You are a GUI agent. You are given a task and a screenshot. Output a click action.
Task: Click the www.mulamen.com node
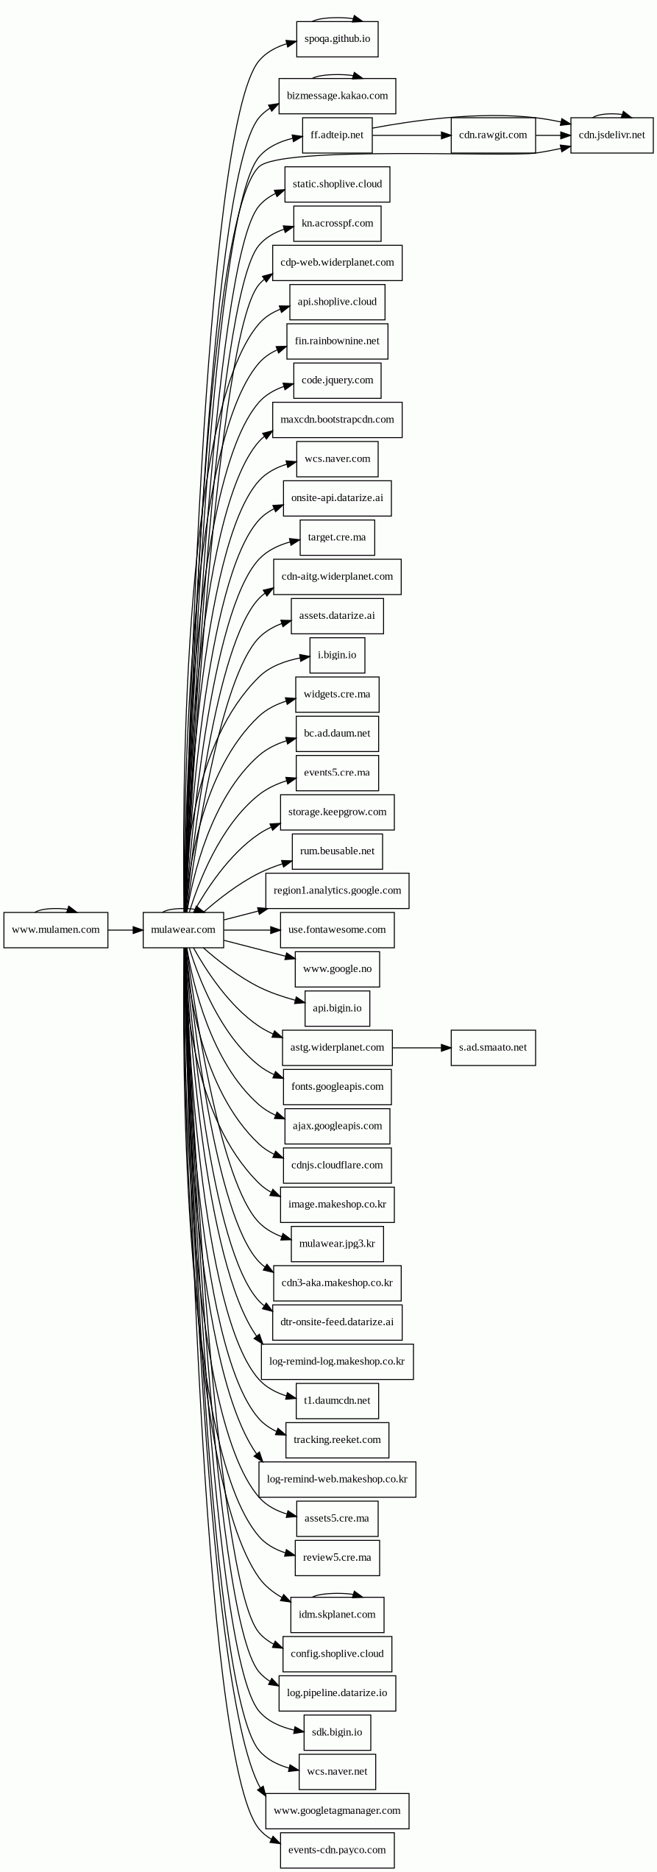click(55, 929)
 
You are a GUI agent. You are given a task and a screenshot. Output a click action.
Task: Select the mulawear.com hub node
click(183, 929)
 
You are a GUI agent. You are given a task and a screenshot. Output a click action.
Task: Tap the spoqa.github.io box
click(337, 38)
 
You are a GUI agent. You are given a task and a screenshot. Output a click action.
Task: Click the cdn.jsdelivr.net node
click(611, 135)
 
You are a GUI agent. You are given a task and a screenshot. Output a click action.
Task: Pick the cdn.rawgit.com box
click(493, 135)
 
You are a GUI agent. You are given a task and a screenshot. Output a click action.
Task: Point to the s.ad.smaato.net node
click(493, 1047)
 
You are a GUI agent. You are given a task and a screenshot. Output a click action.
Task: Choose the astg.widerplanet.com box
click(337, 1047)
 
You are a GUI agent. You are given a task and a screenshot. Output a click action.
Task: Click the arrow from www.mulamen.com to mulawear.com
click(125, 930)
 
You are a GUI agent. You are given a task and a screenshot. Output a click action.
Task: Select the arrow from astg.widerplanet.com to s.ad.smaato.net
click(421, 1047)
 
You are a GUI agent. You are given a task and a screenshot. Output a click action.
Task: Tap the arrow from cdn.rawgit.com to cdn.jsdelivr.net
click(553, 135)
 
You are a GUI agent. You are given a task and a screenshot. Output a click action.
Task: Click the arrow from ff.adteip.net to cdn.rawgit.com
click(411, 135)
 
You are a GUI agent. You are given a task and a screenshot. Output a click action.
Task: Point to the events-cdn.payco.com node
click(337, 1850)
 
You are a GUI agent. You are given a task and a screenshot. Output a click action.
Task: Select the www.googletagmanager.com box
click(337, 1810)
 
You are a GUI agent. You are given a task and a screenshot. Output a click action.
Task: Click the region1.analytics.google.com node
click(337, 890)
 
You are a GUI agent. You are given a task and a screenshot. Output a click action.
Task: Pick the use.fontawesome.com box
click(337, 929)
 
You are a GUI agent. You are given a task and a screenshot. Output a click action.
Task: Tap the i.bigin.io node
click(337, 655)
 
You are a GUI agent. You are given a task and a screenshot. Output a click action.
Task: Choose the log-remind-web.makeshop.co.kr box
click(337, 1479)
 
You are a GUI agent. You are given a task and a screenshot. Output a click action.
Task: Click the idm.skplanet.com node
click(337, 1614)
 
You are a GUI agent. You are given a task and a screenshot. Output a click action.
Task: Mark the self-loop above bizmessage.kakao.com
click(337, 74)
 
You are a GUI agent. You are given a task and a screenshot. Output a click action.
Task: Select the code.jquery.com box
click(337, 380)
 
